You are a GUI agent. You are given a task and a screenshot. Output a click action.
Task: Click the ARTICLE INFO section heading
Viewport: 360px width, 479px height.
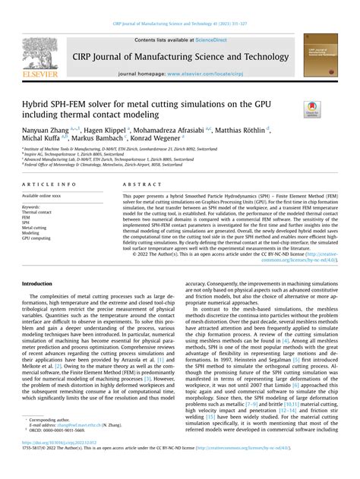pos(49,184)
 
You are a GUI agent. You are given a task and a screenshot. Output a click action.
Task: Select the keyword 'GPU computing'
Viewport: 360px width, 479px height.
pos(36,238)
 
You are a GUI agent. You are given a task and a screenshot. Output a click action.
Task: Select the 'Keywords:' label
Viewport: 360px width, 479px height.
pos(31,206)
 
